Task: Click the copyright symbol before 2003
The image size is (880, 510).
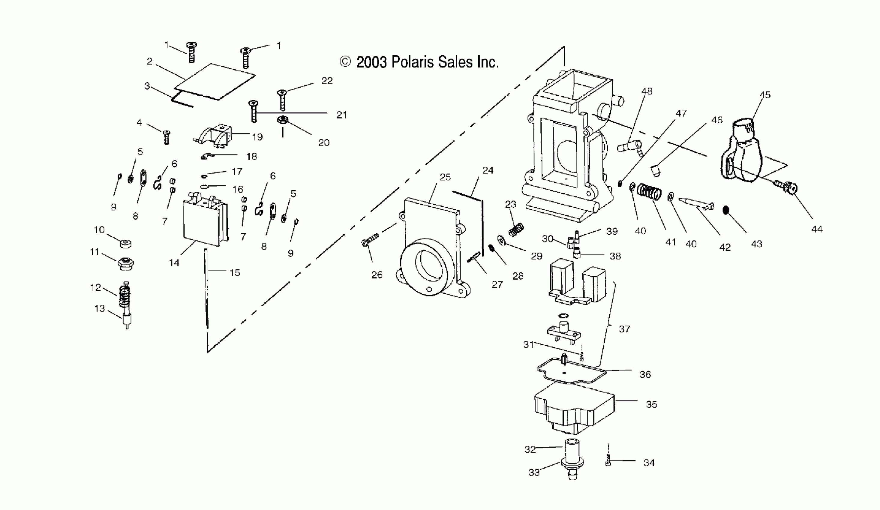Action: [345, 62]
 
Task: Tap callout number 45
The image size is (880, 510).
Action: [765, 95]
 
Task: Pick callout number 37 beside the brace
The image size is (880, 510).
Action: [624, 329]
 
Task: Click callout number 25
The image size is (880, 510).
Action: [445, 177]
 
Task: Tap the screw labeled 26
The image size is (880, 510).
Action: [370, 239]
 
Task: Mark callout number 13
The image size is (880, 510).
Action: [100, 309]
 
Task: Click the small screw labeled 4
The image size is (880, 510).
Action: [167, 137]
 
